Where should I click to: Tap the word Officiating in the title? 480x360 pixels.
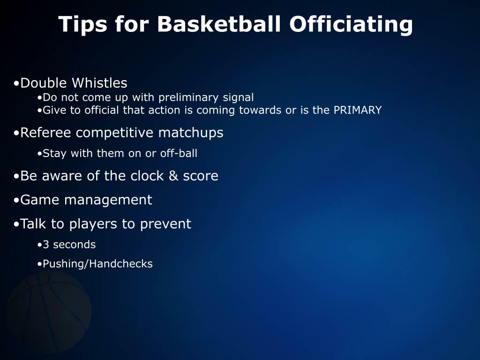pos(351,24)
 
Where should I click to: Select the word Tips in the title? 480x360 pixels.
pos(82,24)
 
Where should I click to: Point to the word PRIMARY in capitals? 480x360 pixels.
pos(357,110)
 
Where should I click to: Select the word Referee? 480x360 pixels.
pos(46,133)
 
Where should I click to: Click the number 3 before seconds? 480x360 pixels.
pos(46,245)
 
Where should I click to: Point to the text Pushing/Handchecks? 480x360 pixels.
pos(97,264)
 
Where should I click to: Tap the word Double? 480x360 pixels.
pos(44,83)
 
